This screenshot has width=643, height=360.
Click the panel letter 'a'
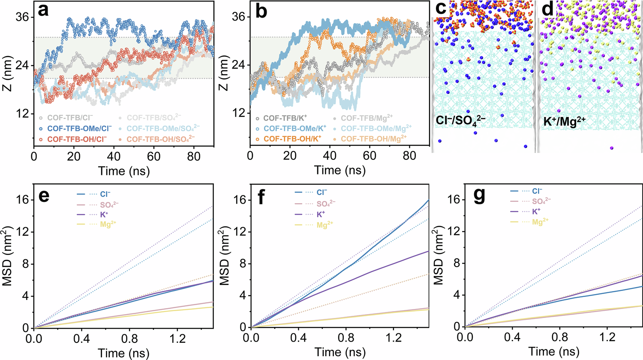point(43,11)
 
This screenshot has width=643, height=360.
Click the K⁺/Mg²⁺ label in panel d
point(562,122)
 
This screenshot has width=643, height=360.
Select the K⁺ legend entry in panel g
point(536,211)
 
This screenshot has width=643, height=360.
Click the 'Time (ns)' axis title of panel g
point(553,352)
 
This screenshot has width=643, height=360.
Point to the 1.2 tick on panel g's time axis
point(606,338)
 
